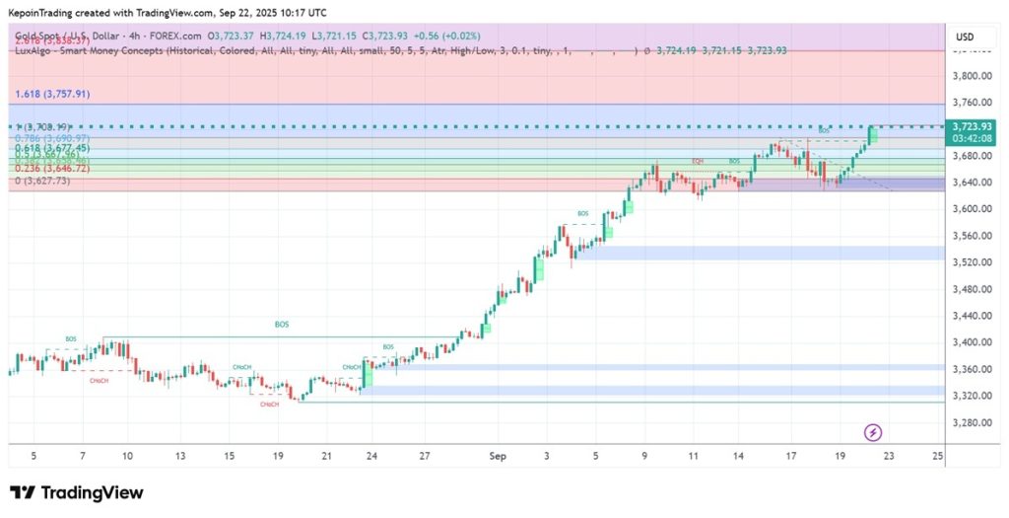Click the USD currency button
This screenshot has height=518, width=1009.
(x=965, y=37)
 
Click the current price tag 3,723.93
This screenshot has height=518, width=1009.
(x=967, y=126)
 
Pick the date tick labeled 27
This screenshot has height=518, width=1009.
(x=424, y=457)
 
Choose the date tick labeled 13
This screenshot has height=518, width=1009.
(x=179, y=457)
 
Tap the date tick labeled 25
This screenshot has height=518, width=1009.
(x=937, y=457)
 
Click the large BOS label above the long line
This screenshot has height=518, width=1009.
(x=282, y=325)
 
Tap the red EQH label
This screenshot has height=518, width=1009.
(x=698, y=161)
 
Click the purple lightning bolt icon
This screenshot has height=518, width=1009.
(x=872, y=432)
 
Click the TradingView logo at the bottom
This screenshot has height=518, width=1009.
(x=76, y=492)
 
